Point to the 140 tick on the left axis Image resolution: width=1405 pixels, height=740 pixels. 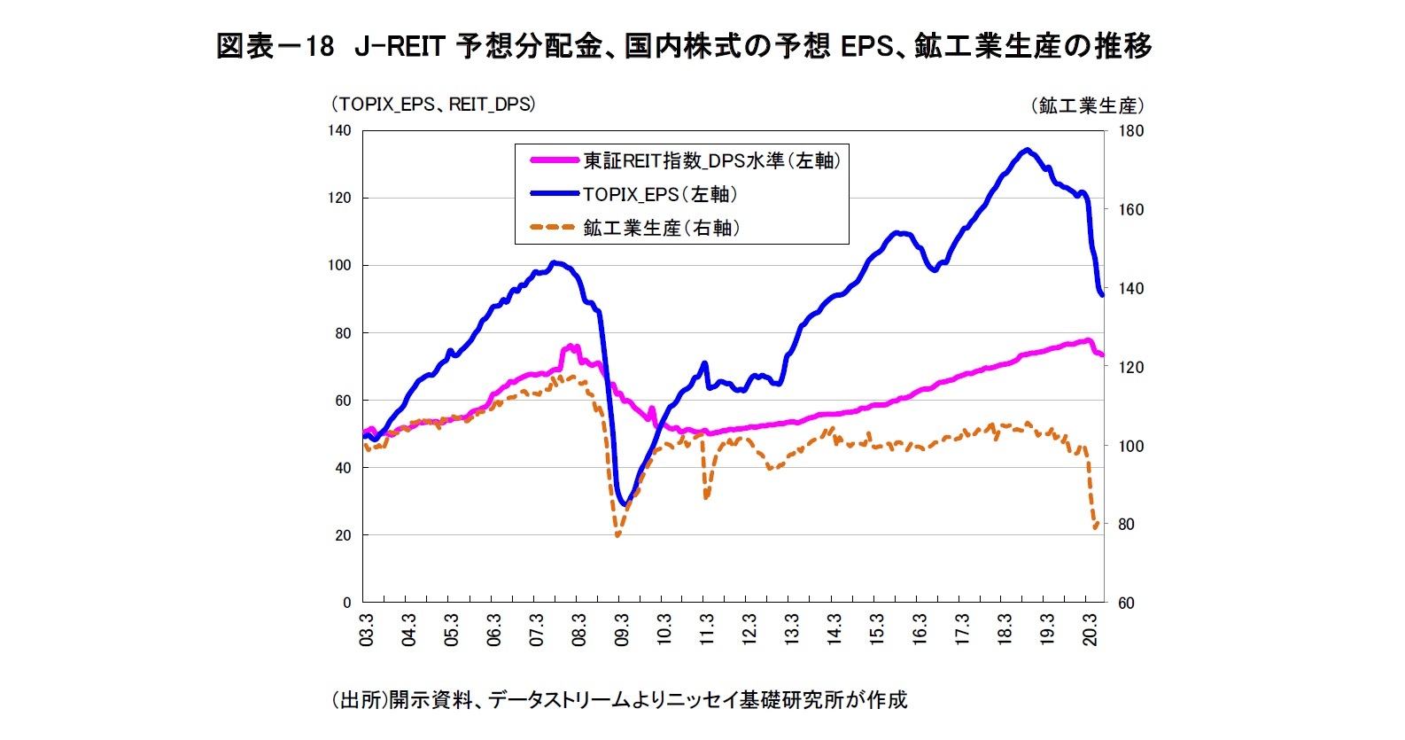[x=339, y=131]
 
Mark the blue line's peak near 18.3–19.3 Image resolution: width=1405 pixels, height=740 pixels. [x=1027, y=150]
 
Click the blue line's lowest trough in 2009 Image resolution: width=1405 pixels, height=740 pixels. [x=625, y=504]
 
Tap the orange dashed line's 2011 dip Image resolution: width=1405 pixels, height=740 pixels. [x=706, y=497]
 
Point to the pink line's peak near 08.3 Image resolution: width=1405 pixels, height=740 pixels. [x=570, y=347]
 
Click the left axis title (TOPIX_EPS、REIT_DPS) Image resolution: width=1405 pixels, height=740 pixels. [x=433, y=105]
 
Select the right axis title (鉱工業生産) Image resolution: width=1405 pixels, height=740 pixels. [x=1087, y=105]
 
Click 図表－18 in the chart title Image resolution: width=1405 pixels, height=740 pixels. [x=275, y=46]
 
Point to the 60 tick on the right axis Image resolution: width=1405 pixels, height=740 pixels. [x=1126, y=604]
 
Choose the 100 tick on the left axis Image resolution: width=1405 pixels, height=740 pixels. [x=339, y=266]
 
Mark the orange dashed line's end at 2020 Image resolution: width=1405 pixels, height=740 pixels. [x=1098, y=523]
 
